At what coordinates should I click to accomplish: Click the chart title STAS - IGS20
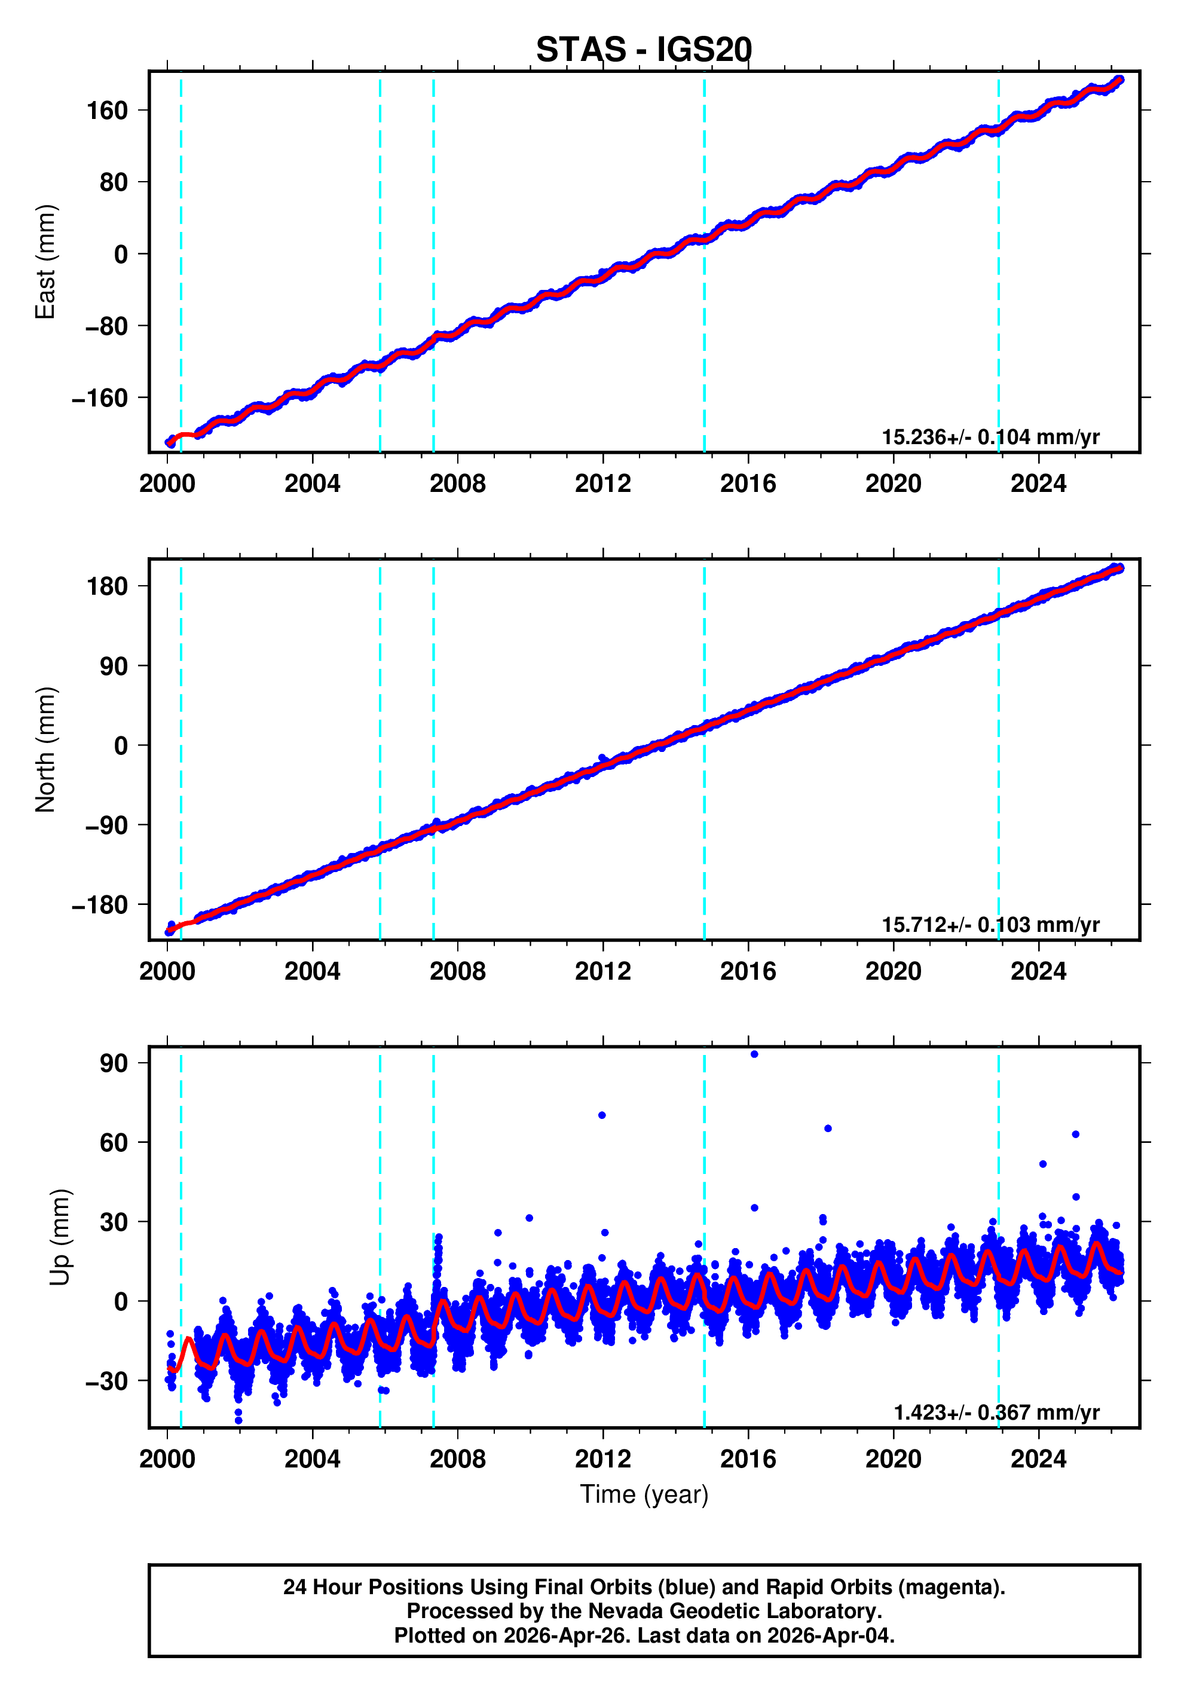643,50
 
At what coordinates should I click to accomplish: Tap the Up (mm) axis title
60,1237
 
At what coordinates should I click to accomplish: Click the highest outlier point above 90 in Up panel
754,1054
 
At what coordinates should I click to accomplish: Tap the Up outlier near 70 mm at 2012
602,1115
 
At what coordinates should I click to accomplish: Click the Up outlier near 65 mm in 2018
828,1128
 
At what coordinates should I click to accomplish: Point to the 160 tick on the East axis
108,111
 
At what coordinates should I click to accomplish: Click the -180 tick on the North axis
100,904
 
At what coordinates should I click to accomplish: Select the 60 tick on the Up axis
114,1142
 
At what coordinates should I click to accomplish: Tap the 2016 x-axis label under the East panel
748,484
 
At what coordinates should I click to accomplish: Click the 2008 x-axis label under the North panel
457,971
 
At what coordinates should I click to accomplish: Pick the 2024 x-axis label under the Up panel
1038,1458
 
